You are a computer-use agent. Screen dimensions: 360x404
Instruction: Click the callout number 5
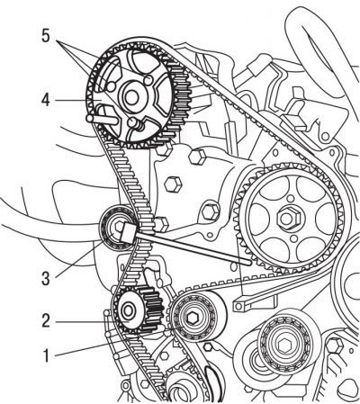(x=45, y=36)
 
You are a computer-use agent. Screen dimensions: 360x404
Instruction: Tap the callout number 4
(x=46, y=100)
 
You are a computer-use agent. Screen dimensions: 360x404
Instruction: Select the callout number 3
(x=46, y=278)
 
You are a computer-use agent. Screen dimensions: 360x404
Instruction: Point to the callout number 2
(x=46, y=321)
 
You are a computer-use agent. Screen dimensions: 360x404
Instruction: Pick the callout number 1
(x=46, y=356)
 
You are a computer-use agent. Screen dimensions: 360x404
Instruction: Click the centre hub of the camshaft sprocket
(x=130, y=97)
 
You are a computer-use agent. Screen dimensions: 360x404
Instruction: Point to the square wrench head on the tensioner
(x=129, y=232)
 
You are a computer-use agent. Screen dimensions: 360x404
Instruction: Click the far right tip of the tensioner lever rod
(x=250, y=263)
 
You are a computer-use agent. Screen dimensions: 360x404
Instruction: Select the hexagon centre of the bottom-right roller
(x=284, y=346)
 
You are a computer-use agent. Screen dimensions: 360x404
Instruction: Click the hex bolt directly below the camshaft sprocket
(x=197, y=157)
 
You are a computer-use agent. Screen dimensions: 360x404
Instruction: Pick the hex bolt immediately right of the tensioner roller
(x=161, y=224)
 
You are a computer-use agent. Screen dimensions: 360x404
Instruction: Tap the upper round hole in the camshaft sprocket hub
(x=148, y=80)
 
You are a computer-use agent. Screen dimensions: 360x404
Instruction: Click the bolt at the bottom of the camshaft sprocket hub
(x=132, y=122)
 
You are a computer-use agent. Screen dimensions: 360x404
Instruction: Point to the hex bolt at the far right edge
(x=335, y=346)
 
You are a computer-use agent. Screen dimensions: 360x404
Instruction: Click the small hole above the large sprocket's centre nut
(x=290, y=199)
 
